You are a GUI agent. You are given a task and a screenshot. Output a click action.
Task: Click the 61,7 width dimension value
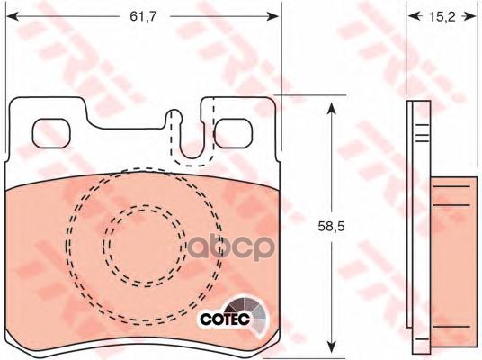(x=143, y=16)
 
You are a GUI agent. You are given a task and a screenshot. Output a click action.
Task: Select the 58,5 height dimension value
(x=331, y=227)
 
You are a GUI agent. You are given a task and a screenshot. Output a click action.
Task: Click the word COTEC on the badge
(x=225, y=319)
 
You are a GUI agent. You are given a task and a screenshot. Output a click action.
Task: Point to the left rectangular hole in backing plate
(x=51, y=133)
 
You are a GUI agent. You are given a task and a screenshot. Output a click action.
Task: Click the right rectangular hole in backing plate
(x=233, y=133)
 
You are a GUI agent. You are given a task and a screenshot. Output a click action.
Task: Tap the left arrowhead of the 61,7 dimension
(x=13, y=16)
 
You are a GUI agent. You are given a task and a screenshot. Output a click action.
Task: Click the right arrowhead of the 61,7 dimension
(x=272, y=16)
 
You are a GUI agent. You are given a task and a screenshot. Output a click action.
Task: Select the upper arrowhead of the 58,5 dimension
(x=331, y=109)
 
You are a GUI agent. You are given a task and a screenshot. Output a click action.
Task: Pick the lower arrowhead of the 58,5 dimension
(x=331, y=347)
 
